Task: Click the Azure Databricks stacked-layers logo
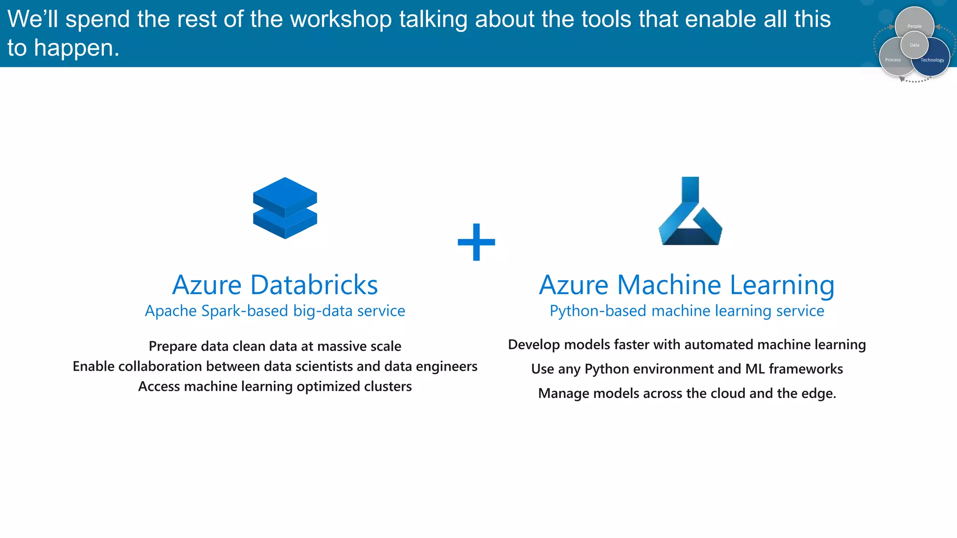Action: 285,208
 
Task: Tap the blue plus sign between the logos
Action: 476,242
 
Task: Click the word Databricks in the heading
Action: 314,285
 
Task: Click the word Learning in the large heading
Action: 782,285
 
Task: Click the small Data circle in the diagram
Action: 914,45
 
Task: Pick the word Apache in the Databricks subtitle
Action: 171,311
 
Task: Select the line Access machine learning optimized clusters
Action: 275,387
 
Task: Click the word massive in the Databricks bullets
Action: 336,347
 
